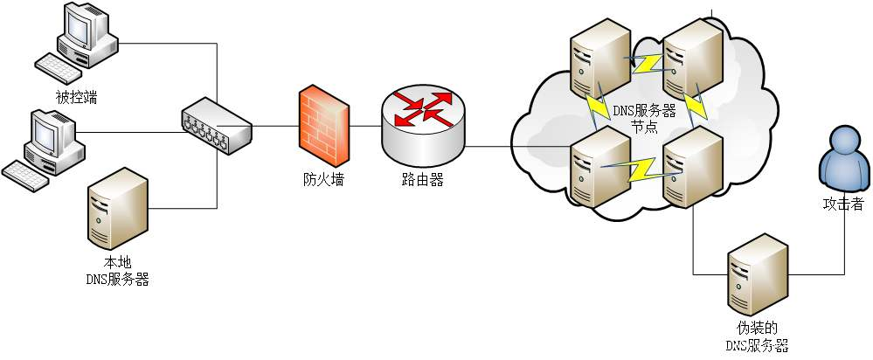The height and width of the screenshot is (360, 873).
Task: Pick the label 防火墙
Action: tap(323, 181)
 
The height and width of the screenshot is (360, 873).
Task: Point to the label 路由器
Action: tap(423, 181)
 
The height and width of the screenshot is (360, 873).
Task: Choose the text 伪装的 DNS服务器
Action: tap(758, 336)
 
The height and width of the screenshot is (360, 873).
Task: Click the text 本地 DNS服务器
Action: tap(117, 271)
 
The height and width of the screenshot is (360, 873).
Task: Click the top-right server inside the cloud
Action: tap(692, 59)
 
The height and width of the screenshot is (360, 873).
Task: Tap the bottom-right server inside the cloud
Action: tap(693, 165)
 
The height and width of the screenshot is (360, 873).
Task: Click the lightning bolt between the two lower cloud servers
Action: tap(645, 166)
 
